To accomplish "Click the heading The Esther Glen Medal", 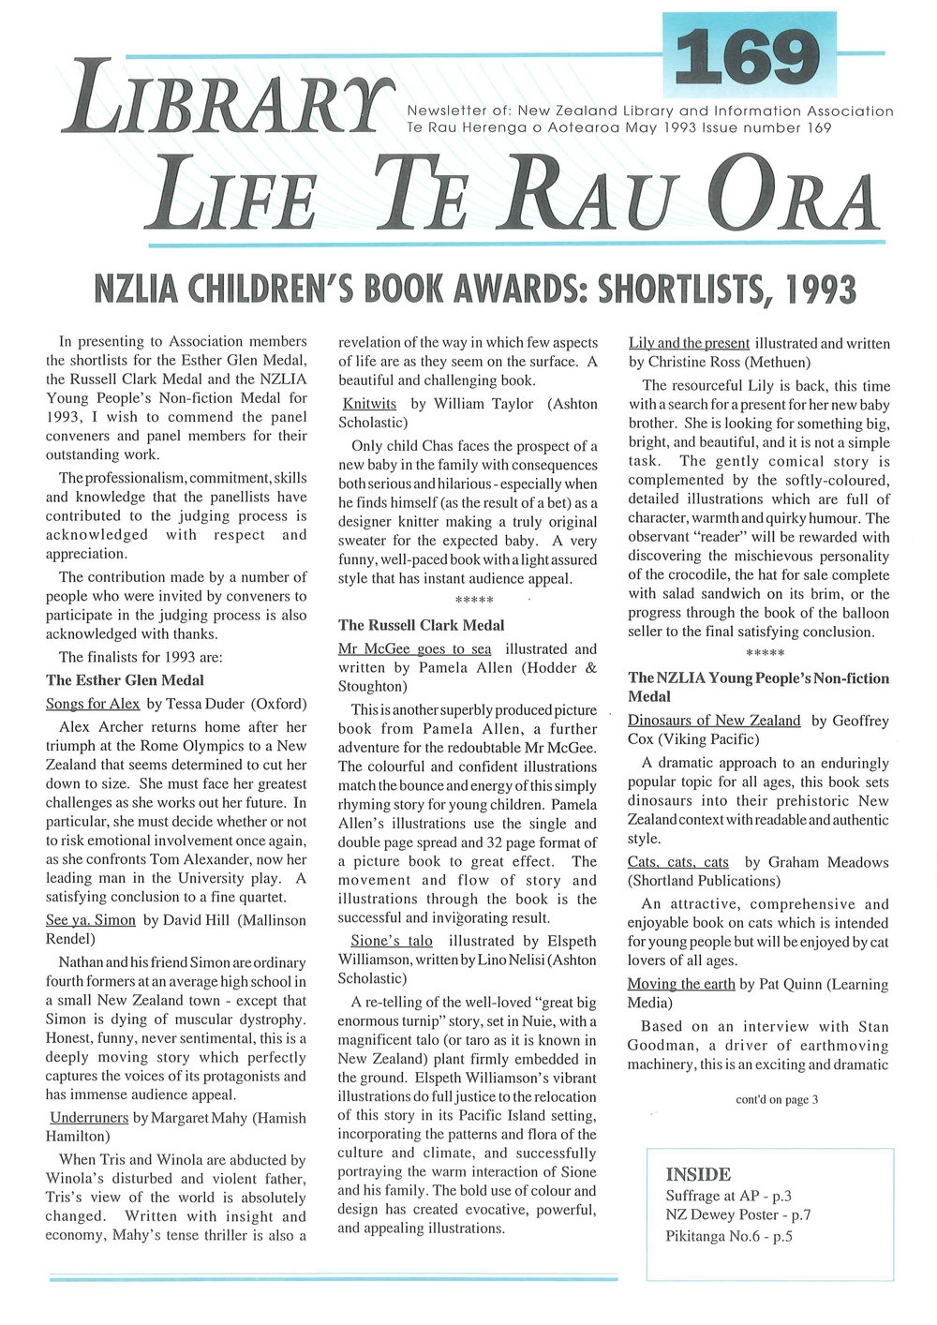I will (x=125, y=680).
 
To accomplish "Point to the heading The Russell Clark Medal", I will (x=421, y=625).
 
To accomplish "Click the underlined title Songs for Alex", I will (x=93, y=704).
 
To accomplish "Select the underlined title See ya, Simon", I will (x=91, y=920).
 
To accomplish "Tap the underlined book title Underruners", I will (x=90, y=1117).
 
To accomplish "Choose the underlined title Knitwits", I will (x=369, y=404).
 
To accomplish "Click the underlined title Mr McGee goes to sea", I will (x=414, y=648).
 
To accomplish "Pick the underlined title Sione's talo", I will (x=392, y=940).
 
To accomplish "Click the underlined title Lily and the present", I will (x=689, y=343).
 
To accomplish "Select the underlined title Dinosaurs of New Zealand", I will (x=714, y=721).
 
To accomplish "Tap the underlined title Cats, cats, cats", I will (x=678, y=862).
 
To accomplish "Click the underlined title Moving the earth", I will (x=681, y=984).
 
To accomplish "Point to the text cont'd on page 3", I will (x=777, y=1099).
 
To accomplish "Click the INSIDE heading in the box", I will (x=698, y=1174).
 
